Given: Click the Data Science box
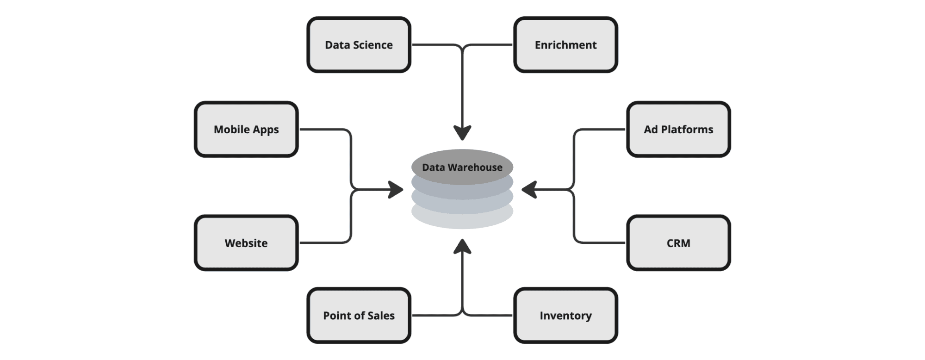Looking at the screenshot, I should point(359,45).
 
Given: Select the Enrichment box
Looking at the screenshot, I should point(565,45).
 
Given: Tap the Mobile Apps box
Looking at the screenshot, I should point(246,130).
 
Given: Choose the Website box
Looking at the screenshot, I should point(246,243).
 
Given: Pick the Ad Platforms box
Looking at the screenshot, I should point(678,130).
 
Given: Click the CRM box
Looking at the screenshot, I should point(678,243).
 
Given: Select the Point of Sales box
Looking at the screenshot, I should point(359,316).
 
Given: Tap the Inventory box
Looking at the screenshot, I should point(565,316).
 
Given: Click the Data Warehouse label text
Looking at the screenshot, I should point(462,167).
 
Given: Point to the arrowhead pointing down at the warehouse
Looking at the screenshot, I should point(462,132).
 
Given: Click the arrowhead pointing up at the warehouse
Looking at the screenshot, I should point(462,247).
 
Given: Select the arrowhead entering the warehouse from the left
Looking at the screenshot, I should point(396,189).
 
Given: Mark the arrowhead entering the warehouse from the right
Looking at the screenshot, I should point(529,189).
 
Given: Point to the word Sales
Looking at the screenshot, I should point(381,316).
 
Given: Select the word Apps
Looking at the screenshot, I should point(266,130).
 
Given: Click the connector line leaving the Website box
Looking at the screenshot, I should point(324,242).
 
